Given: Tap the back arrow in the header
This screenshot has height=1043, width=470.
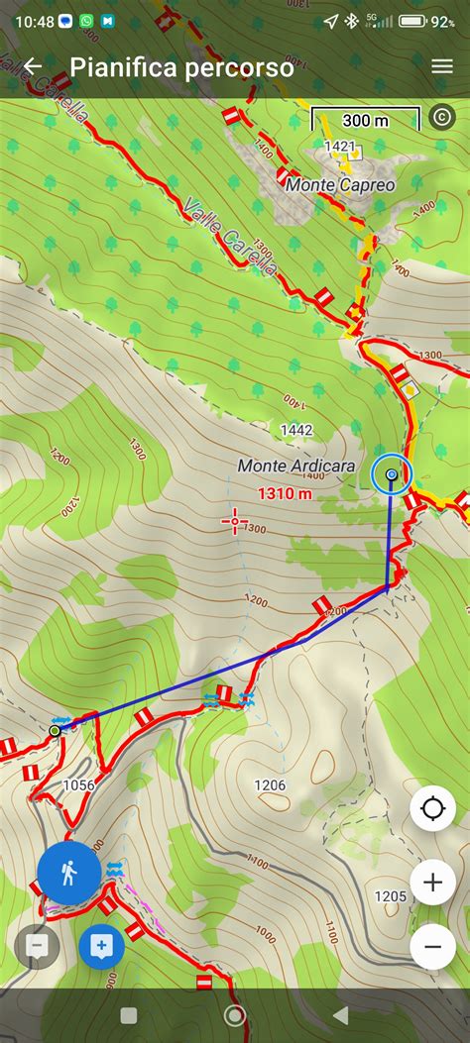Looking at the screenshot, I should coord(33,66).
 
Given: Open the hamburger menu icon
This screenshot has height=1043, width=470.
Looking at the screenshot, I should coord(441,66).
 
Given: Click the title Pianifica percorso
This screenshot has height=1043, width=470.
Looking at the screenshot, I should coord(181,67).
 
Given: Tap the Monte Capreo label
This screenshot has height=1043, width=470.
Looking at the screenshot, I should coord(340,185).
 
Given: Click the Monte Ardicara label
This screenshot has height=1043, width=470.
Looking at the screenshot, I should coord(295,465).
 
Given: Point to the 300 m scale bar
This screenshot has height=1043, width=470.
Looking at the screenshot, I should coord(366,121).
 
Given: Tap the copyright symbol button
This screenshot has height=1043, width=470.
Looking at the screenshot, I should coord(441,117).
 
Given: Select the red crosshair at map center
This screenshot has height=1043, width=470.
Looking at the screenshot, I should coord(236,520).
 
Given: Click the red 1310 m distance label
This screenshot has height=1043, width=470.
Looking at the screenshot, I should coord(286,492).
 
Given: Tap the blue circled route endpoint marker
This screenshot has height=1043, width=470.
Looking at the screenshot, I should coord(392,475).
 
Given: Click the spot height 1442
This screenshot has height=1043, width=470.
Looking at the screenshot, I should coord(296,430).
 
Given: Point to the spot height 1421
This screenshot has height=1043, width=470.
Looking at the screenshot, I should coord(339,147).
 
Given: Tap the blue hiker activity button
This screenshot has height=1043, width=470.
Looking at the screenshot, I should coord(69,874).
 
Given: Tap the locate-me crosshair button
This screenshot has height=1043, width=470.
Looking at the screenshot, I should coord(432,809).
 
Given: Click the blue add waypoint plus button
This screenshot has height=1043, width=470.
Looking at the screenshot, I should coord(101,947).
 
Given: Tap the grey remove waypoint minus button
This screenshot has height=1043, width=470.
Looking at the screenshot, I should coord(37,947).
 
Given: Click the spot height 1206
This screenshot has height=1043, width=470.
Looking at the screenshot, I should coord(269,785).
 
